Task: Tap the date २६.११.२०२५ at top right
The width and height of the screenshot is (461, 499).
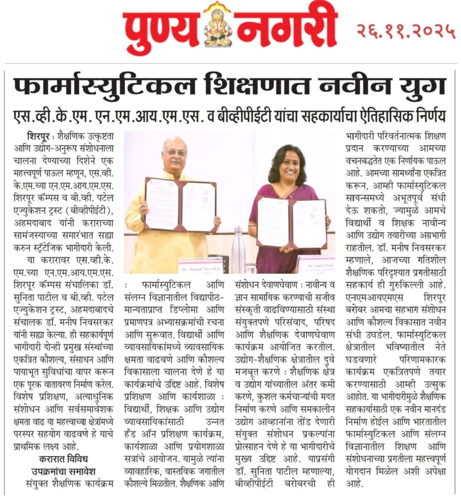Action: [x=406, y=30]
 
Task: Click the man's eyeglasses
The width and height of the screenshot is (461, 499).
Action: [x=174, y=152]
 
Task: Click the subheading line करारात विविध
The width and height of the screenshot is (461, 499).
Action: [x=64, y=458]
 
